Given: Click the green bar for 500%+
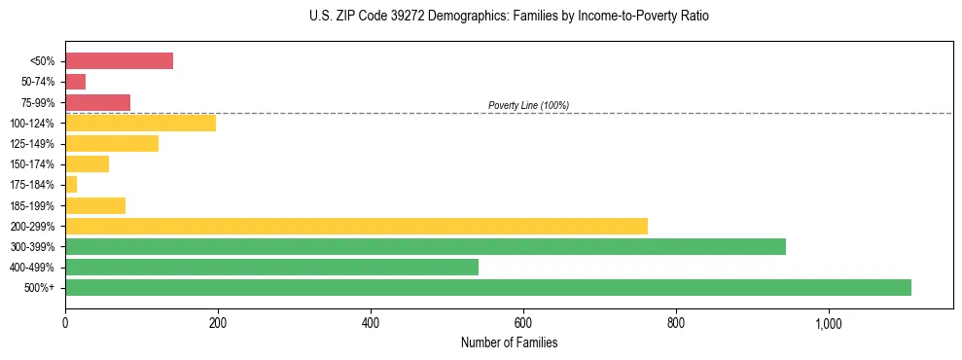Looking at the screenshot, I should [x=487, y=287].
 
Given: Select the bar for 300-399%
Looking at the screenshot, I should [x=425, y=246].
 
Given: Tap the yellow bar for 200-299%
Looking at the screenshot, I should [x=356, y=226].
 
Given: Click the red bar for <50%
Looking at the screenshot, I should [x=119, y=60].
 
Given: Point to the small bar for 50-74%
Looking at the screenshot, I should [x=75, y=82].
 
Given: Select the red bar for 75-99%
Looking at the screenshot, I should [x=97, y=102].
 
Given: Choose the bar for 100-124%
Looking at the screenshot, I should [x=140, y=123].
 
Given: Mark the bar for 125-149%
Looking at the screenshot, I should [x=112, y=143].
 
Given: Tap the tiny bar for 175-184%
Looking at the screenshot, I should [x=71, y=184].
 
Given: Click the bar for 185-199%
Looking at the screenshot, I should [x=95, y=205].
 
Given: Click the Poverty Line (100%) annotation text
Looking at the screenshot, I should [x=528, y=105].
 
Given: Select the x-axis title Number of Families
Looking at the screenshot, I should [x=509, y=342].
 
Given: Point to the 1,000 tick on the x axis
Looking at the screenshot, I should [x=829, y=323].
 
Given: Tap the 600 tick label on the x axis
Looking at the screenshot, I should [x=523, y=323].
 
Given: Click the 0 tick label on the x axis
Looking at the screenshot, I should [x=65, y=323].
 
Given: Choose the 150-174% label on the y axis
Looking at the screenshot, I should [x=32, y=164].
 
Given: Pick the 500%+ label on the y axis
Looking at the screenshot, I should [x=39, y=288].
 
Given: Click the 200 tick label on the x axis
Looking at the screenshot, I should [x=218, y=323].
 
